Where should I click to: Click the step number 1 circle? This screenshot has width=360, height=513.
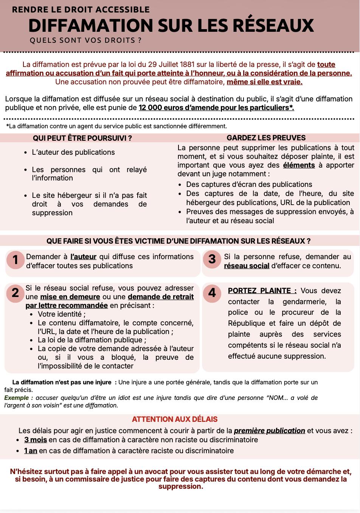[x=16, y=260]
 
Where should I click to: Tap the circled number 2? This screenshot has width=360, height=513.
[x=16, y=293]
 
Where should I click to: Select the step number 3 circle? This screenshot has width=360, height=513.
[x=212, y=259]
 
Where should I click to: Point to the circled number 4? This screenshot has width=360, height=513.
[x=212, y=293]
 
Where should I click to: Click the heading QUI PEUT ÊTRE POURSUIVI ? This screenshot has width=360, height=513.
[x=82, y=138]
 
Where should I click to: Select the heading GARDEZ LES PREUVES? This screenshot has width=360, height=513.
[x=266, y=138]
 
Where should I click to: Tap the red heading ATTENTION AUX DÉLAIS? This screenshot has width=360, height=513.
[x=175, y=419]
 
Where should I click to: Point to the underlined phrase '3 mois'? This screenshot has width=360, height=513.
[x=36, y=440]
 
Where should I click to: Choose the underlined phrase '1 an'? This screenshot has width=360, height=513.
[x=31, y=451]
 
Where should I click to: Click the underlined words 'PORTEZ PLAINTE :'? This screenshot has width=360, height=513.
[x=262, y=291]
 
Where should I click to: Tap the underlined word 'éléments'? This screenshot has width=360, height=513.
[x=299, y=165]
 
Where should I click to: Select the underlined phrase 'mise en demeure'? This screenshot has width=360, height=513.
[x=70, y=297]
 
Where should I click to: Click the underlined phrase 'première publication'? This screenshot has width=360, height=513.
[x=269, y=431]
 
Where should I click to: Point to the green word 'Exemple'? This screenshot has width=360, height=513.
[x=16, y=398]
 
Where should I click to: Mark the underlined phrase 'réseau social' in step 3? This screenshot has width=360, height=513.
[x=247, y=266]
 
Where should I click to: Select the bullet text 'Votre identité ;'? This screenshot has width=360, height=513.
[x=62, y=314]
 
